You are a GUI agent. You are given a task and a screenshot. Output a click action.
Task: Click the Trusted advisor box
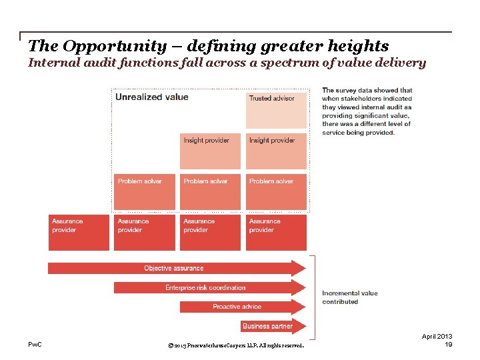[276, 110]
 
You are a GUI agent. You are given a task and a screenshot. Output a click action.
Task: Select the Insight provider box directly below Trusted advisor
[276, 151]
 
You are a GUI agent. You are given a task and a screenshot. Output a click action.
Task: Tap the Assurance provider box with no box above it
[75, 232]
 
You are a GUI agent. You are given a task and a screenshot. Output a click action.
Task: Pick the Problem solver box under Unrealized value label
[144, 192]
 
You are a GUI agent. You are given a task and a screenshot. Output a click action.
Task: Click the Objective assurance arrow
[173, 268]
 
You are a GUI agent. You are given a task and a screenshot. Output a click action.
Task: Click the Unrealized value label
[152, 97]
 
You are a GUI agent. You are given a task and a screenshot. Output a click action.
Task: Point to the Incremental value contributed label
[350, 297]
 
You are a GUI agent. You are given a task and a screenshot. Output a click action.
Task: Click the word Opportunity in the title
[107, 46]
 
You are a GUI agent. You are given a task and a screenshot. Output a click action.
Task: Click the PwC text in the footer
[35, 344]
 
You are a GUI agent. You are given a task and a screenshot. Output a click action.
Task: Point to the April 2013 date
[437, 336]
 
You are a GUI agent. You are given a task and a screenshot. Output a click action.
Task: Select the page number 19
[448, 345]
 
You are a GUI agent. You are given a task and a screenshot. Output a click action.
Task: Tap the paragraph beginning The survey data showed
[367, 111]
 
